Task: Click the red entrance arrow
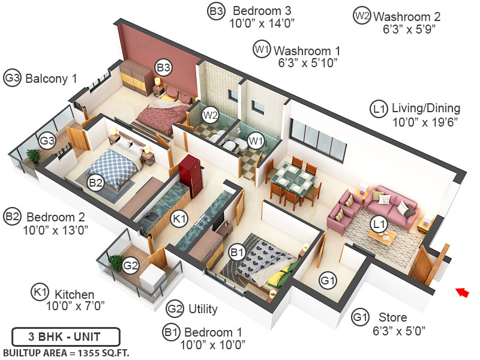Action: pos(461,292)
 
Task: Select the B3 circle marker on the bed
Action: pos(163,67)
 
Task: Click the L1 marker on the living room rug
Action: pos(378,224)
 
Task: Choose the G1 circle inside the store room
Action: pos(328,279)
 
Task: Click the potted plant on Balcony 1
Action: pos(34,155)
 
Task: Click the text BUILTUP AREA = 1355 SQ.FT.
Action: pos(66,352)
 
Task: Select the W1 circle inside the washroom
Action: pos(256,141)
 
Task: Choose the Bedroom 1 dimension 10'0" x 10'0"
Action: pos(212,344)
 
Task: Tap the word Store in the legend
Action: pos(392,317)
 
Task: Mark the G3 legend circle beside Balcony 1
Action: pos(13,78)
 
